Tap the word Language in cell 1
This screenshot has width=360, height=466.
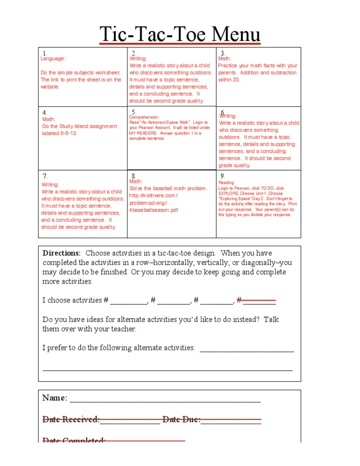click(52, 59)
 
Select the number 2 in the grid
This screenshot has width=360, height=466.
click(134, 53)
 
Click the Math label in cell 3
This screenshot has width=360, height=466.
click(225, 59)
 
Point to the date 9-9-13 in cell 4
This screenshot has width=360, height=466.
click(68, 133)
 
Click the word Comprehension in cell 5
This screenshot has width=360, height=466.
click(144, 117)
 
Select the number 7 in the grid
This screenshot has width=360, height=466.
click(45, 176)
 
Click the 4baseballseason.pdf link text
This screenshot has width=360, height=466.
click(153, 210)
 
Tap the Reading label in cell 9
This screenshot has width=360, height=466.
click(227, 183)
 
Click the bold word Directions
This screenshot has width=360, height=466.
click(62, 253)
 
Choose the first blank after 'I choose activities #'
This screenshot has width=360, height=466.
click(128, 301)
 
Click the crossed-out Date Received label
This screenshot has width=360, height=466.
click(71, 419)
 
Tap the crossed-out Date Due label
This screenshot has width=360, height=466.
click(181, 419)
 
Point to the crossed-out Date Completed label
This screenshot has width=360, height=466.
click(74, 441)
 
